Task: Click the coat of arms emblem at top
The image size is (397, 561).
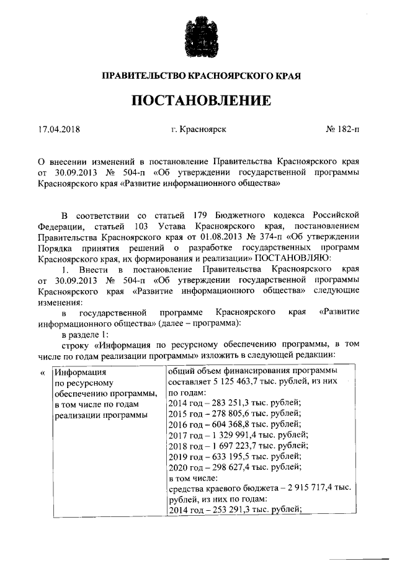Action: tap(199, 35)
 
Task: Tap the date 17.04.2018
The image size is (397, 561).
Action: tap(59, 130)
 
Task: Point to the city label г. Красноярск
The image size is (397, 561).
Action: tap(198, 130)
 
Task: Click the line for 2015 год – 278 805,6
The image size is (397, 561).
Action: tap(226, 415)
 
